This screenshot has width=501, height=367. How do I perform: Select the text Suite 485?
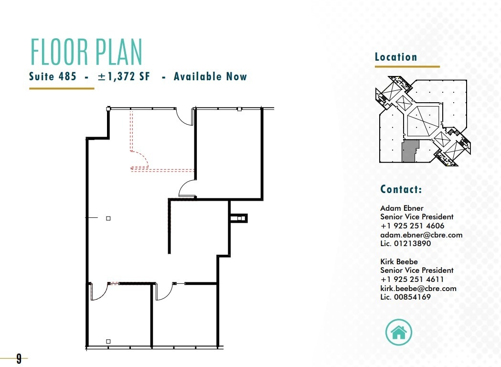[53, 76]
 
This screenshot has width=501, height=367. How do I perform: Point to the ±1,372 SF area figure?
[123, 76]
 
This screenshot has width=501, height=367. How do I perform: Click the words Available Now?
[210, 76]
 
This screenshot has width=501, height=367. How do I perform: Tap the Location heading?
[396, 57]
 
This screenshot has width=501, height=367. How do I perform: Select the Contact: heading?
[401, 189]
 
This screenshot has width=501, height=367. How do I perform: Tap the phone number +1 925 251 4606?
[412, 226]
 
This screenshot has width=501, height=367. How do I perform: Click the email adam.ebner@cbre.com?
[421, 235]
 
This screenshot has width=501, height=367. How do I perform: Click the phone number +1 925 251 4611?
[412, 280]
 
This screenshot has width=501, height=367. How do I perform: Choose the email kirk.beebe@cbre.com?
[418, 288]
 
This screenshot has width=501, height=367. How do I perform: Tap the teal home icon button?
[398, 332]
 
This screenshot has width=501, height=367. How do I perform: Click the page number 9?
[19, 358]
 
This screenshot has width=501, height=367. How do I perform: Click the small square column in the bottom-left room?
[108, 341]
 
